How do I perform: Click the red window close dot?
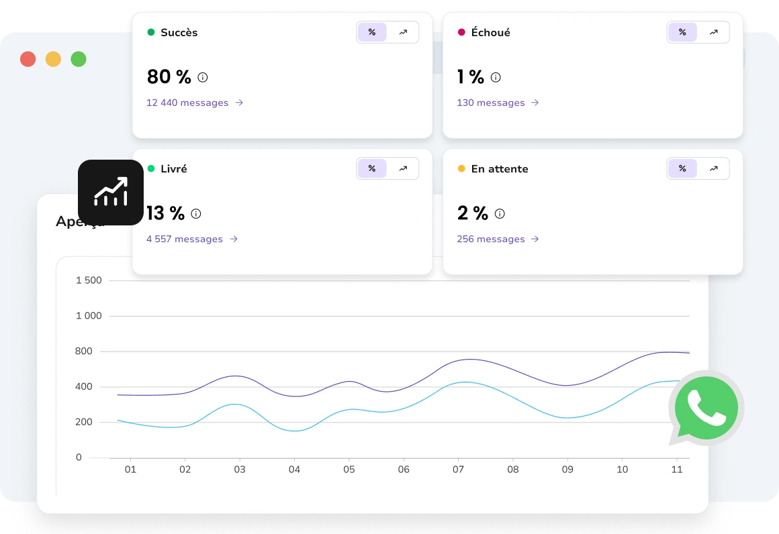pyautogui.click(x=28, y=59)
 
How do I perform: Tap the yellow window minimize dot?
pyautogui.click(x=53, y=59)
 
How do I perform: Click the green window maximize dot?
pyautogui.click(x=79, y=59)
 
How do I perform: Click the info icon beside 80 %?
pyautogui.click(x=203, y=77)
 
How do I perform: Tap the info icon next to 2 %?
pyautogui.click(x=500, y=214)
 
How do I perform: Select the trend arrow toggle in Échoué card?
pyautogui.click(x=713, y=32)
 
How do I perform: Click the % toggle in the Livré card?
pyautogui.click(x=372, y=168)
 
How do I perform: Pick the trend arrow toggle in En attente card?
pyautogui.click(x=713, y=168)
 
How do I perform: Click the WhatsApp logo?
pyautogui.click(x=706, y=408)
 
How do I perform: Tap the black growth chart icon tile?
pyautogui.click(x=111, y=192)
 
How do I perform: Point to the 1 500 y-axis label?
pyautogui.click(x=89, y=280)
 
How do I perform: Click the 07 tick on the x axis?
pyautogui.click(x=458, y=470)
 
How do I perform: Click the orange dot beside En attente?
pyautogui.click(x=461, y=168)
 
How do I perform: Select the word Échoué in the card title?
pyautogui.click(x=491, y=32)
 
